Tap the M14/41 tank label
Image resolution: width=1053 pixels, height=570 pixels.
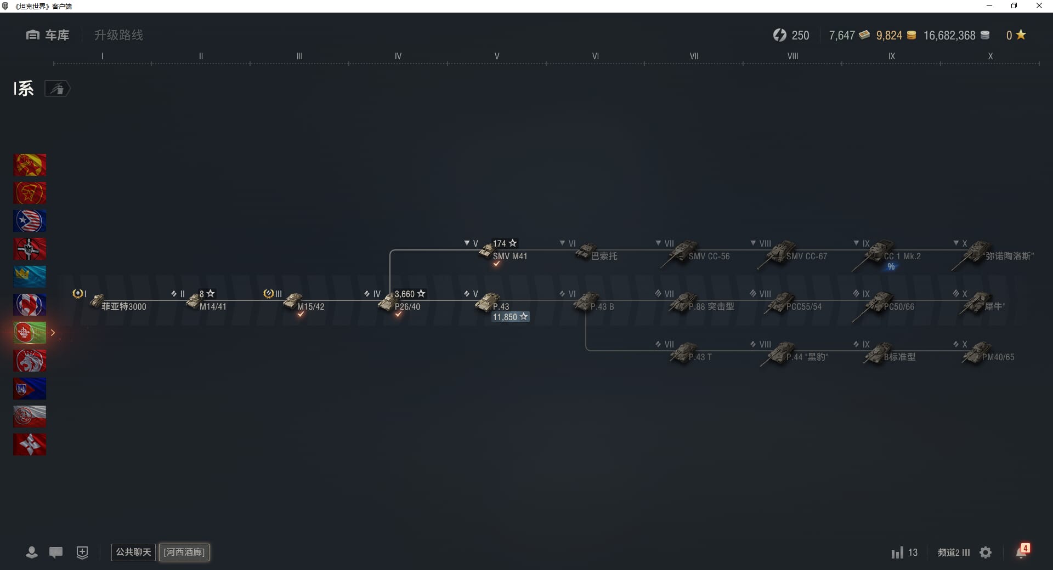click(213, 307)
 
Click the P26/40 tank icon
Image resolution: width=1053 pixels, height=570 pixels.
click(386, 302)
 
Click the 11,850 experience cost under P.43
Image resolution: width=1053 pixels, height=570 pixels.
click(510, 317)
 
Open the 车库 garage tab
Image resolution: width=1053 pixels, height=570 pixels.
click(48, 35)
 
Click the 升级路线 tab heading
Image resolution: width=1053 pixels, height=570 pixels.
click(118, 35)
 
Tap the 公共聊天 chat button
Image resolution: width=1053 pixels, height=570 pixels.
click(133, 552)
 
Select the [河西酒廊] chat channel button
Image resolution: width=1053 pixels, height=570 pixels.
click(184, 552)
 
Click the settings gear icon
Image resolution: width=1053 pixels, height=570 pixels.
click(986, 552)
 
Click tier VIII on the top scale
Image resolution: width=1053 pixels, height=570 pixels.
click(792, 56)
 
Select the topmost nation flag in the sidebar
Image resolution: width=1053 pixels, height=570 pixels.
click(30, 165)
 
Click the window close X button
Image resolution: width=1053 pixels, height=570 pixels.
click(1039, 6)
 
